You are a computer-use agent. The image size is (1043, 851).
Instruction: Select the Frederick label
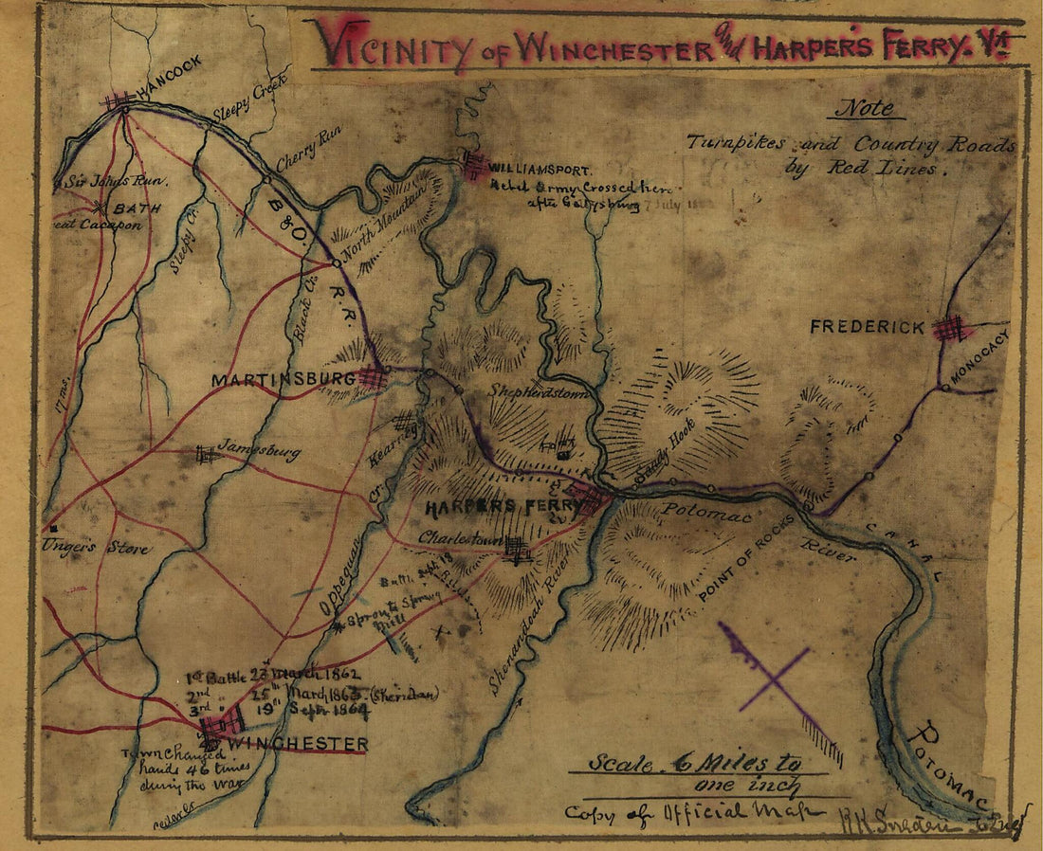[x=867, y=327]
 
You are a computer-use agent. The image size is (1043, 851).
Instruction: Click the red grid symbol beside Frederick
[x=951, y=329]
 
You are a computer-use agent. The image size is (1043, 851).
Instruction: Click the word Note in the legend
[x=864, y=108]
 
